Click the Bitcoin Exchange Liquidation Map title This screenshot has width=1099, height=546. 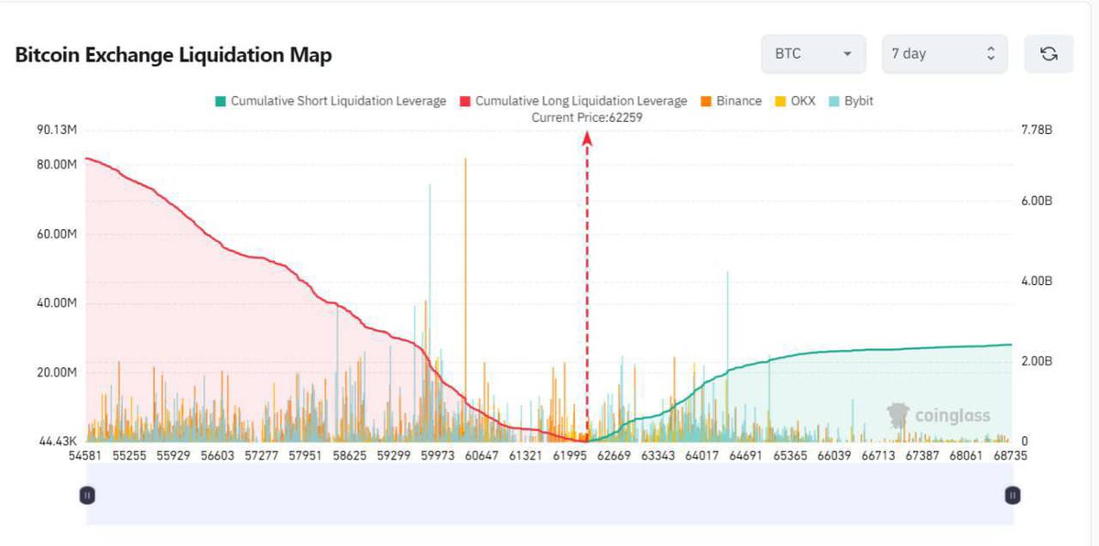click(173, 55)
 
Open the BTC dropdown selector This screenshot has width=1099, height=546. click(812, 54)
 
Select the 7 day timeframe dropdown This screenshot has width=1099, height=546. click(943, 54)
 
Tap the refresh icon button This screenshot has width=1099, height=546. click(1049, 54)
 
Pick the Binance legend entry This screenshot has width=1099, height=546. click(731, 101)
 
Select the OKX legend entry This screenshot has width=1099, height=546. click(797, 101)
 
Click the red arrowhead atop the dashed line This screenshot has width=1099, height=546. click(587, 137)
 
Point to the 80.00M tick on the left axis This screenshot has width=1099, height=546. click(57, 165)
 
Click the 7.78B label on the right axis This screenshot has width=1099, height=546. click(1036, 131)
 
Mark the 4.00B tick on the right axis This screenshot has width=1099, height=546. click(1036, 281)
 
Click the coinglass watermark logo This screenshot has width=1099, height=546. click(940, 417)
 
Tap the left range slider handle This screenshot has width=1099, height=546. click(87, 496)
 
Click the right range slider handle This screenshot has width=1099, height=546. click(1013, 496)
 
